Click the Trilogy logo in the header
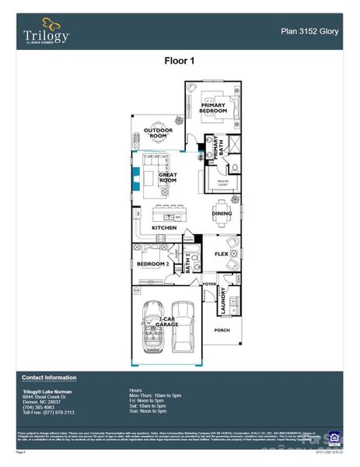tap(46, 32)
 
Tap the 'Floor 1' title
tap(179, 61)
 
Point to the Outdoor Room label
tap(159, 132)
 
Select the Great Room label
tap(168, 177)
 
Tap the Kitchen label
tap(164, 227)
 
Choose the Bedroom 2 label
tap(152, 265)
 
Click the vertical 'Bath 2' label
tap(187, 265)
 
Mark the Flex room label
tap(221, 254)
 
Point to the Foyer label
tap(208, 285)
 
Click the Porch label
tap(222, 330)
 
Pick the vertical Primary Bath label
tap(220, 146)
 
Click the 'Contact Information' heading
tap(49, 377)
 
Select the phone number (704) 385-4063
tap(38, 406)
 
